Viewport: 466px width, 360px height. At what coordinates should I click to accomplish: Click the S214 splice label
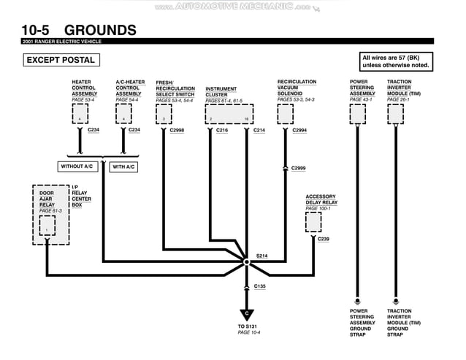(262, 256)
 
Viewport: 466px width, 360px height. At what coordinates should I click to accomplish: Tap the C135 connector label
(260, 286)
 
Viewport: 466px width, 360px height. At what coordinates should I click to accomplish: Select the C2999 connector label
(298, 168)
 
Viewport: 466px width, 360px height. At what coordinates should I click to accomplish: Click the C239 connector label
(324, 239)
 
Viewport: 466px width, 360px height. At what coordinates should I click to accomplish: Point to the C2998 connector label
(177, 130)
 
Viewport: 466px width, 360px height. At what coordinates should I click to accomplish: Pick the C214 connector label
(259, 130)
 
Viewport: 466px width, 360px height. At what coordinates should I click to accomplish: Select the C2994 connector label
(299, 130)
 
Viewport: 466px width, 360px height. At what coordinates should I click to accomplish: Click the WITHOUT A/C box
(80, 166)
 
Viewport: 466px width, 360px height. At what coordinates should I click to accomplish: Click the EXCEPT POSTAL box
(57, 61)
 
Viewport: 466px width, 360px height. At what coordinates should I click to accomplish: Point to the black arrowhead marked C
(248, 313)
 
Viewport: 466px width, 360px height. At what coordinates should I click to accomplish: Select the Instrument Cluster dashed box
(229, 115)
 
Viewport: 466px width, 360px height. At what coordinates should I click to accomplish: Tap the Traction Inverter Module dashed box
(394, 114)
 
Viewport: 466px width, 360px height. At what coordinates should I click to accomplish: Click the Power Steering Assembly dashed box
(357, 114)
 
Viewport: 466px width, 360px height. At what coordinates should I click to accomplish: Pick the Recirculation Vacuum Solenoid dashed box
(285, 114)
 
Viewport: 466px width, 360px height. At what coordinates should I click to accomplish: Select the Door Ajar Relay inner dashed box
(47, 226)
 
